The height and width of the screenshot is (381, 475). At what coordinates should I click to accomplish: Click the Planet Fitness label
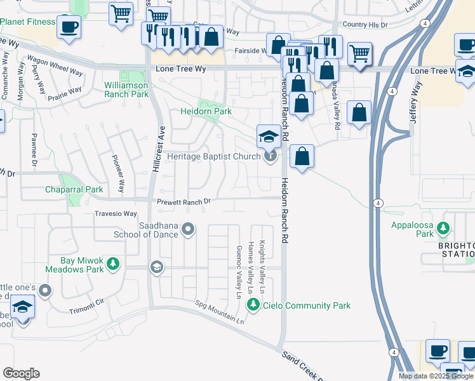(x=27, y=22)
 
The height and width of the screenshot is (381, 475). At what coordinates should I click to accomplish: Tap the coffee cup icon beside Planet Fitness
(x=69, y=27)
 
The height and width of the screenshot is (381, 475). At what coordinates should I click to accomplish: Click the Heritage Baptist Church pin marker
(x=271, y=156)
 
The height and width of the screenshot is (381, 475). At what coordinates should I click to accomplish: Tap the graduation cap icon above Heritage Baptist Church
(x=268, y=136)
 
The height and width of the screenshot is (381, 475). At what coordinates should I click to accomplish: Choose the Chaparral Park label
(x=74, y=189)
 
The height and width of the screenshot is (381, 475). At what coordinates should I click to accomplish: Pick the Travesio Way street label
(x=116, y=214)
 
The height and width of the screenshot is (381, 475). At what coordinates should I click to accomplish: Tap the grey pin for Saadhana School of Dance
(x=188, y=228)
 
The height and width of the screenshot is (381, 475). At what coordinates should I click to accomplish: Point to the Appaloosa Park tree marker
(x=445, y=227)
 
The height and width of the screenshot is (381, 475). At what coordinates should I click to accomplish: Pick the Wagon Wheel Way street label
(x=56, y=69)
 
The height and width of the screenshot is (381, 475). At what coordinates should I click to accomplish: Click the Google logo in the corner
(x=21, y=373)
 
